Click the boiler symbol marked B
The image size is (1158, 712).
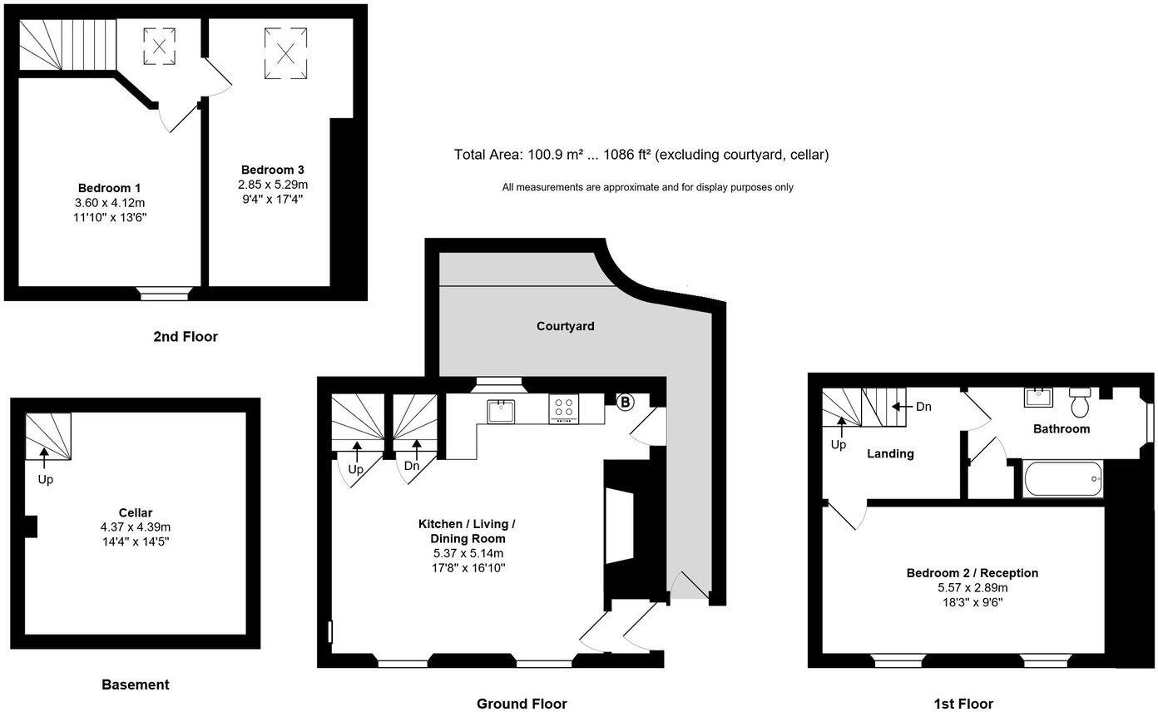coord(625,402)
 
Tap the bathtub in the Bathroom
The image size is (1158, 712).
coord(1062,479)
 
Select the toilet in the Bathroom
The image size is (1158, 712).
coord(1081,403)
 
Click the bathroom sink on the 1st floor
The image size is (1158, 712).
coord(1039,397)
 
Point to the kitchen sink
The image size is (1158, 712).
coord(502,410)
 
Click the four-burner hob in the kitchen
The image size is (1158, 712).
coord(564,408)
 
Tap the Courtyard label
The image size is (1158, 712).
coord(565,326)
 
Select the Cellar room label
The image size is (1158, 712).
coord(135,512)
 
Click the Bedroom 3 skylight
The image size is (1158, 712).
coord(285,53)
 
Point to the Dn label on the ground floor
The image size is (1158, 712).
coord(412,466)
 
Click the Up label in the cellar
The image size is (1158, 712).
coord(45,479)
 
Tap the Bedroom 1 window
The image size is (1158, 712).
coord(165,292)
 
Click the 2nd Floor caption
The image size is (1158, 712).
coord(185,337)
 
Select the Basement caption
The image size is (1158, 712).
coord(135,685)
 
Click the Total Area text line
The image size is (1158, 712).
coord(641,155)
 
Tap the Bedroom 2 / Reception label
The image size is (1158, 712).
coord(972,573)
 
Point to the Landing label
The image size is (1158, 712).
coord(890,453)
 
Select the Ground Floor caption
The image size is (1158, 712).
coord(522,704)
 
